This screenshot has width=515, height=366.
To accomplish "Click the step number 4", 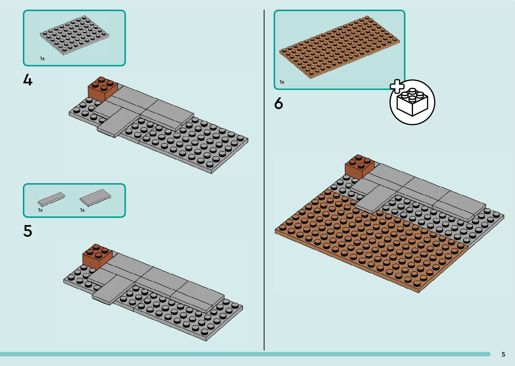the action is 28,80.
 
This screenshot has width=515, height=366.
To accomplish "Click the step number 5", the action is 28,231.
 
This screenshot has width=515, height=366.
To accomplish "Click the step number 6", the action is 279,104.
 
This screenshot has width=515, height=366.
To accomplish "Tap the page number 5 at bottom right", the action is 503,354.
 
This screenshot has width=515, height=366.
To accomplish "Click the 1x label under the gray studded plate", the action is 42,58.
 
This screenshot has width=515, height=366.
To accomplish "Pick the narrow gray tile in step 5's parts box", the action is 51,199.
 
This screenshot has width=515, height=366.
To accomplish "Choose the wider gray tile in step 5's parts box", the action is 95,197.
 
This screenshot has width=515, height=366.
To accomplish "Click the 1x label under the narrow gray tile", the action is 40,210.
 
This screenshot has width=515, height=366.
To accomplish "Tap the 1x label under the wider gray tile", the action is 82,210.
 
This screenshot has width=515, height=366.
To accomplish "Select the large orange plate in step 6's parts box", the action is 339,47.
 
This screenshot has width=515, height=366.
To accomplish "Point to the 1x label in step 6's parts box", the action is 282,82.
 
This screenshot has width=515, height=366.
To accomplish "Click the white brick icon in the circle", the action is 413,102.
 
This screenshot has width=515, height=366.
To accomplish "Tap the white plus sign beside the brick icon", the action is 397,86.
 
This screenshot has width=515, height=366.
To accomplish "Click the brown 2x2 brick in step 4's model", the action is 103,88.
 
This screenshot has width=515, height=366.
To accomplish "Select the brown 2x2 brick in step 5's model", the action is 97,256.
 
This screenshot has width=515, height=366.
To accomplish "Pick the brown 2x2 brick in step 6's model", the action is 360,166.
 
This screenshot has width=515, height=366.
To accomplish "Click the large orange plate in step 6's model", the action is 363,245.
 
